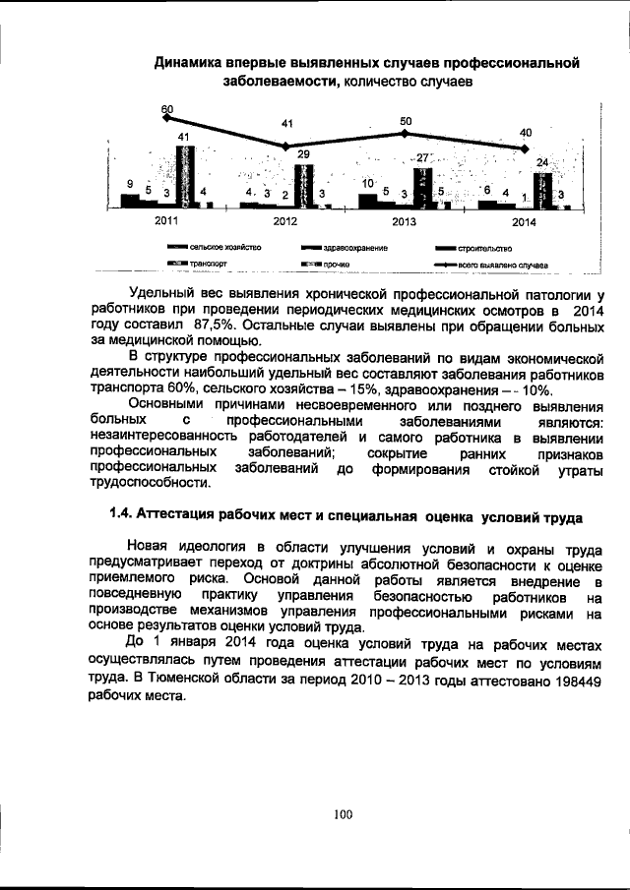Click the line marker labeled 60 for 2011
point(167,118)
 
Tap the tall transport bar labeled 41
point(184,175)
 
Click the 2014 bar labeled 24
point(542,188)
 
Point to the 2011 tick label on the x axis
point(167,221)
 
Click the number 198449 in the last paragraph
point(571,680)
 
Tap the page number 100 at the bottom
point(342,813)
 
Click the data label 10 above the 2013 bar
point(367,184)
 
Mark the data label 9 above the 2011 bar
point(130,184)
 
